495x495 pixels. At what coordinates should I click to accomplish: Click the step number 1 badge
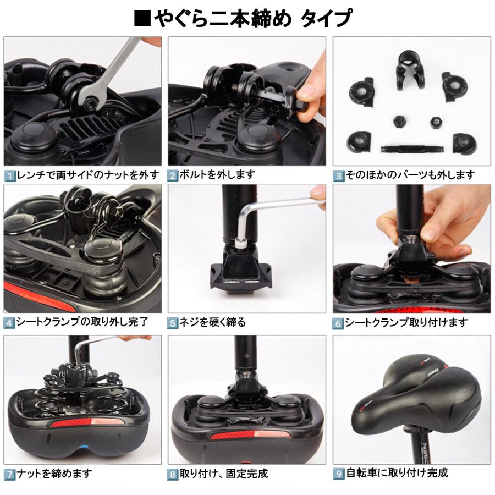pyautogui.click(x=10, y=176)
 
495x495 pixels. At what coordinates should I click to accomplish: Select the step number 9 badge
pyautogui.click(x=339, y=472)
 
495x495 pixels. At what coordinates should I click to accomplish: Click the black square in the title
pyautogui.click(x=142, y=18)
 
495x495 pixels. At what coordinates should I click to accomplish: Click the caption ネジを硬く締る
pyautogui.click(x=213, y=323)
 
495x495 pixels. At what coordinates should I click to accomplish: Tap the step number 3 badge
pyautogui.click(x=339, y=176)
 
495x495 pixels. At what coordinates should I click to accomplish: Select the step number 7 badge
pyautogui.click(x=10, y=474)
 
